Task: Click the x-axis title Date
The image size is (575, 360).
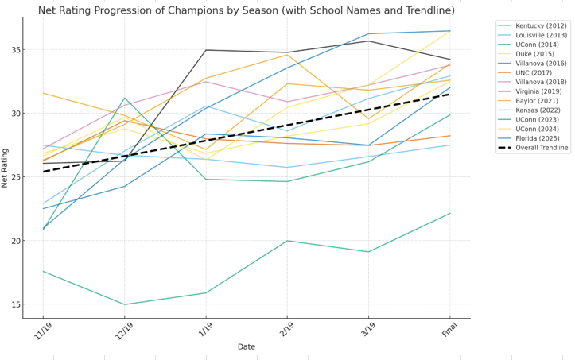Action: (x=246, y=347)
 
